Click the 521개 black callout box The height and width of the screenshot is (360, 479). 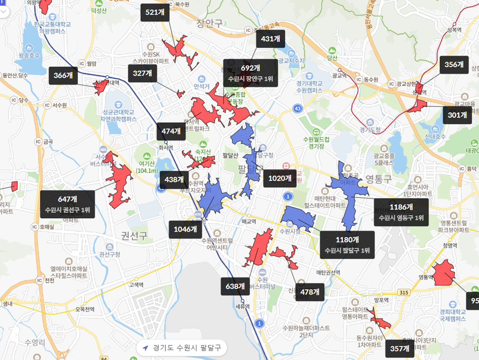[x=155, y=12]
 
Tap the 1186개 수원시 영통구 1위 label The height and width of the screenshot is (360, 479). [x=401, y=212]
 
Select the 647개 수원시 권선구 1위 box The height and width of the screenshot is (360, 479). [x=67, y=204]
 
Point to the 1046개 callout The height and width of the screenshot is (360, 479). [x=185, y=229]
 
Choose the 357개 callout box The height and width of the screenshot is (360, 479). [x=400, y=349]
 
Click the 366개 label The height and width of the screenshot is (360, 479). [x=63, y=76]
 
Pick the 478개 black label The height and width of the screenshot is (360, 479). [x=309, y=292]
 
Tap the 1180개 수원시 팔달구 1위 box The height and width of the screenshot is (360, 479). [x=347, y=245]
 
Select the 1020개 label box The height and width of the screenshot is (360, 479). [x=280, y=178]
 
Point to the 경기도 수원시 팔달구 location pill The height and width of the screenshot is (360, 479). [x=182, y=348]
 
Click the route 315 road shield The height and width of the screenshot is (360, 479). [x=404, y=292]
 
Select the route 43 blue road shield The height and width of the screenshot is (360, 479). [x=297, y=109]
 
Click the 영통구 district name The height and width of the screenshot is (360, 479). [x=378, y=179]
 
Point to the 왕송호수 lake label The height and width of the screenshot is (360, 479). [x=29, y=55]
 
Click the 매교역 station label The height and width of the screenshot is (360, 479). [x=248, y=221]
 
